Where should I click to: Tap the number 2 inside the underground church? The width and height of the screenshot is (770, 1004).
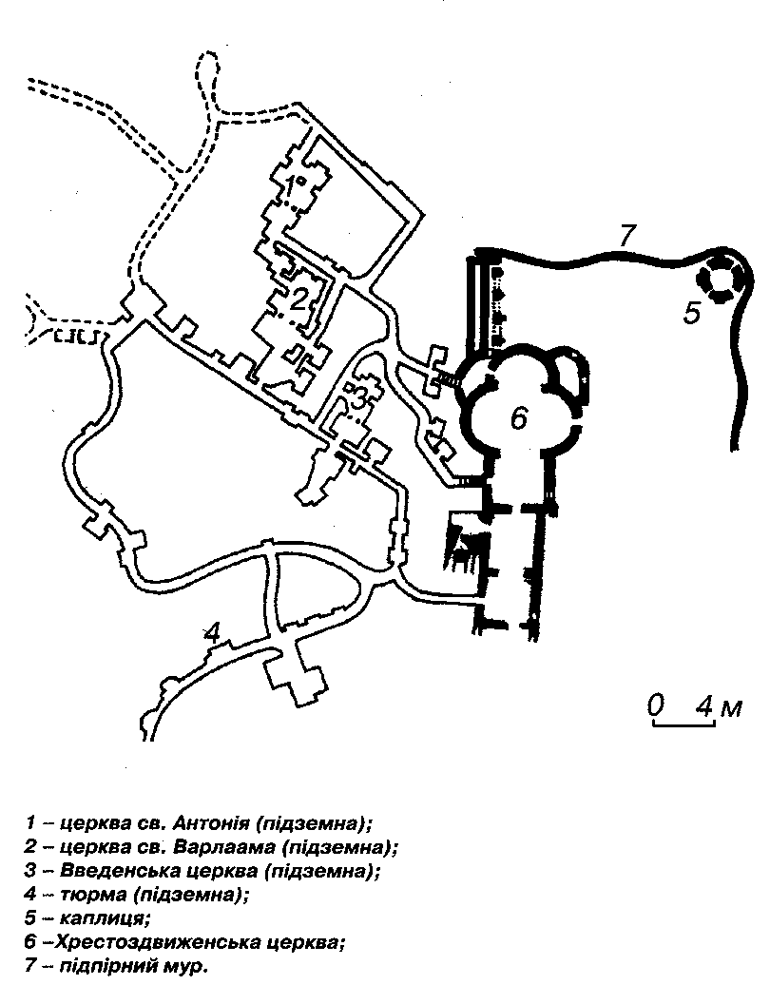(x=298, y=300)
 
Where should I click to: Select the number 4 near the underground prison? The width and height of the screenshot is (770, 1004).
(x=212, y=631)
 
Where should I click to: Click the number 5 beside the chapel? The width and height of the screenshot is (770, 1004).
(x=694, y=313)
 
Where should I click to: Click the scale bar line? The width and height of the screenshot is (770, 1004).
(x=683, y=724)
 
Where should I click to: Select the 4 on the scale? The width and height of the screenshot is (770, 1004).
(x=704, y=705)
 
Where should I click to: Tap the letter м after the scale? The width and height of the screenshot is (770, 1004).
(x=730, y=707)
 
